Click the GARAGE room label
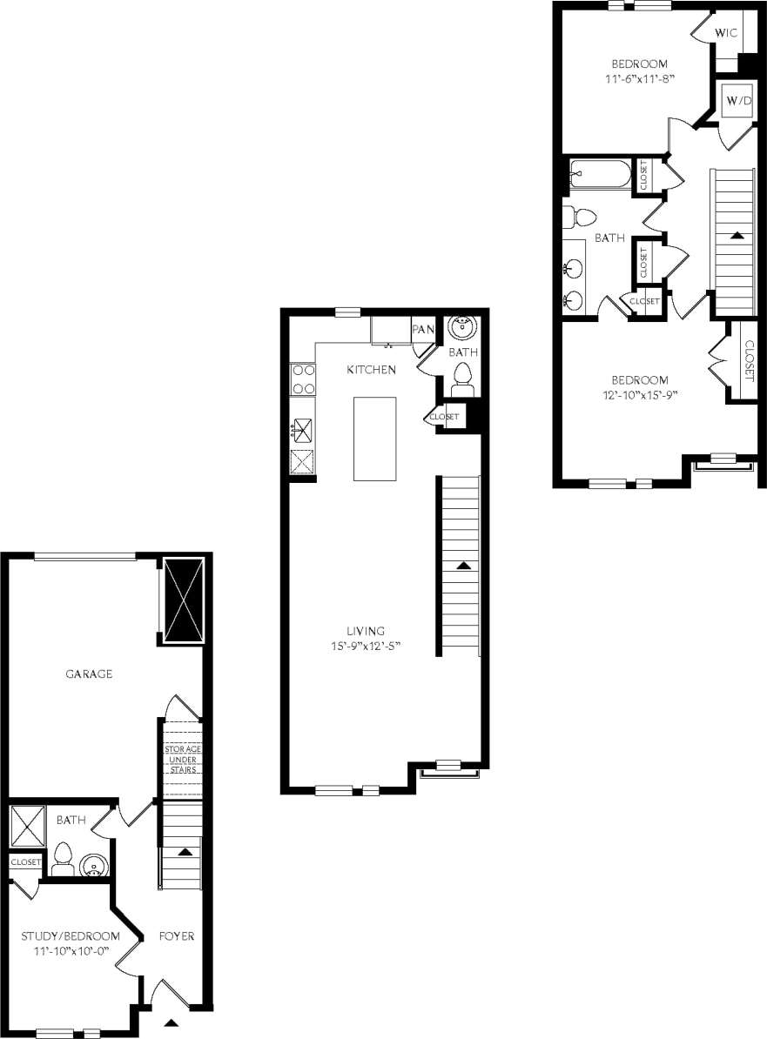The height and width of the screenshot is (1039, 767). coord(89,674)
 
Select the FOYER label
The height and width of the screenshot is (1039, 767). coord(176,936)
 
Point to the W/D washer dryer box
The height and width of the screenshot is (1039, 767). coord(739,102)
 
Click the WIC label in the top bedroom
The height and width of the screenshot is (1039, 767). coord(726,32)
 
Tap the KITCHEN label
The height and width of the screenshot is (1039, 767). coord(372,370)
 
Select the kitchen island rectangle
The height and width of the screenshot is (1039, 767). coord(374,438)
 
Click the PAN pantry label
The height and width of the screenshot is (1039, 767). coord(423,329)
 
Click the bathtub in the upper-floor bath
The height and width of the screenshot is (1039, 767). coord(599,174)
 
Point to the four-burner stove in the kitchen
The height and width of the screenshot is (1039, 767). coord(302,379)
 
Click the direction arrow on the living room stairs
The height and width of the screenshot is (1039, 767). coord(463,565)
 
